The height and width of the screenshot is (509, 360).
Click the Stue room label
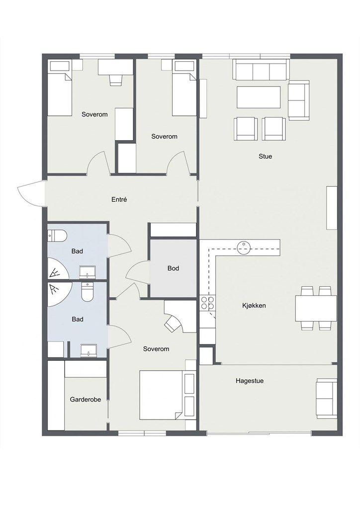point(265,156)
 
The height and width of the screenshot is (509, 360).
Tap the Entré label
point(119,200)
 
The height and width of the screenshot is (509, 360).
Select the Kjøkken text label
point(254,306)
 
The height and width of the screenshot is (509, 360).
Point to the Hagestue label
point(250,381)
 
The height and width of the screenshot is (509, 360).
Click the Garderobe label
point(86,400)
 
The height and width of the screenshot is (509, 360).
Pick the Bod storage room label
point(174,268)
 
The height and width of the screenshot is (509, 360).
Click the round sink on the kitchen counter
point(244,248)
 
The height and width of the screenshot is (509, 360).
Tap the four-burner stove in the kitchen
point(207,303)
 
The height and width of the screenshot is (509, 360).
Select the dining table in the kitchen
point(316,308)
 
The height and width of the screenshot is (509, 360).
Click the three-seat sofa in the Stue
point(261,70)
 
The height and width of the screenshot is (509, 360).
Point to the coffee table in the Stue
point(259,97)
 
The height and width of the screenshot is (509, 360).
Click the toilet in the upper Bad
point(57,235)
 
